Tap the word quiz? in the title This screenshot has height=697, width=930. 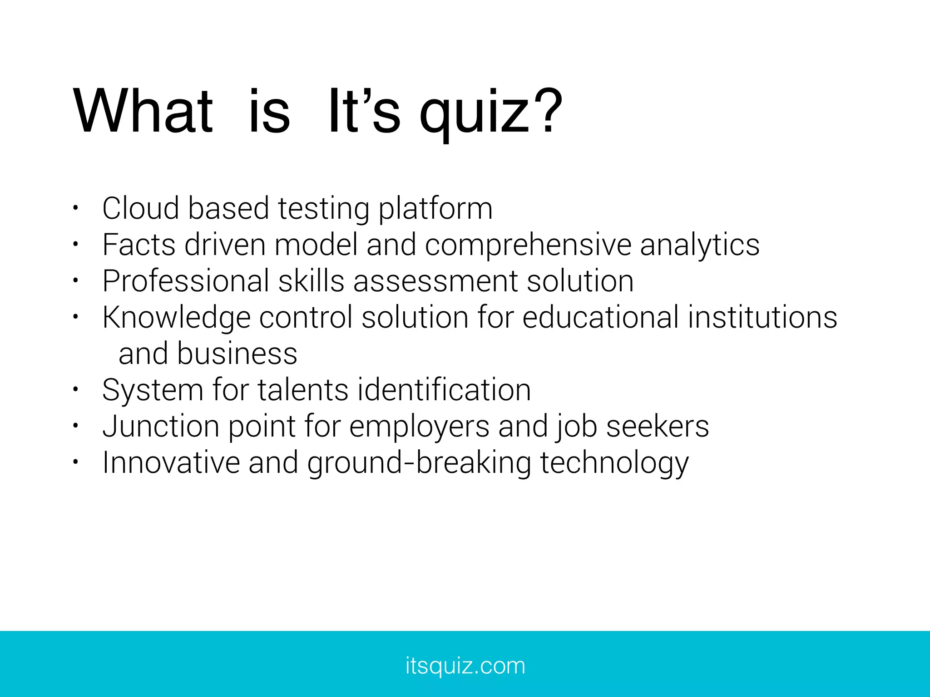pos(490,113)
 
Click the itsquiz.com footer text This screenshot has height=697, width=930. pos(465,666)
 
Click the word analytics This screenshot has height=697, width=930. pos(699,245)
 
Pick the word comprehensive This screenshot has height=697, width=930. pos(528,245)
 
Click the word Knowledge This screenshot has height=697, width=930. pos(176,318)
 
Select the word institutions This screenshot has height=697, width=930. pos(762,317)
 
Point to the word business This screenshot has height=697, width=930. pos(237,354)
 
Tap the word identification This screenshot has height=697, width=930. pos(444,390)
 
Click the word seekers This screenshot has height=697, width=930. pos(658,427)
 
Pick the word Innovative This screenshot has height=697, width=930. pos(171,463)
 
